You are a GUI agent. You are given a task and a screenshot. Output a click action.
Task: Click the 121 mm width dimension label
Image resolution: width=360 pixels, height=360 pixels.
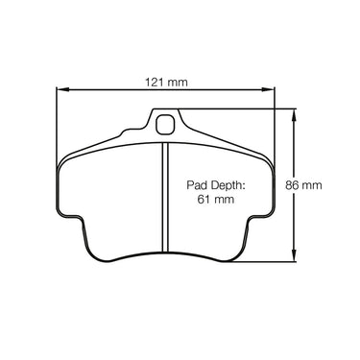(x=166, y=83)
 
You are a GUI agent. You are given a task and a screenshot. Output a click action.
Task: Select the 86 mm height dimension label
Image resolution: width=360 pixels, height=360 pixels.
(x=303, y=185)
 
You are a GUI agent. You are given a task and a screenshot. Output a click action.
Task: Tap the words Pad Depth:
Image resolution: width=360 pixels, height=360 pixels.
(x=216, y=185)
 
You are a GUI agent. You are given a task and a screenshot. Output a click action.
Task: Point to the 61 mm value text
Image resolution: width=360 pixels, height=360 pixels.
(x=216, y=200)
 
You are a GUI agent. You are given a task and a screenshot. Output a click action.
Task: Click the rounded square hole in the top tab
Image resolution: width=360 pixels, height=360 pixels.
(x=165, y=124)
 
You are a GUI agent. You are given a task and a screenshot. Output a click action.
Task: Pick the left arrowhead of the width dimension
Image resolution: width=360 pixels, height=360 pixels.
(x=62, y=89)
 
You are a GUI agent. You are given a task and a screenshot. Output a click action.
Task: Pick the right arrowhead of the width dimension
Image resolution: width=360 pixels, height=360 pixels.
(x=269, y=89)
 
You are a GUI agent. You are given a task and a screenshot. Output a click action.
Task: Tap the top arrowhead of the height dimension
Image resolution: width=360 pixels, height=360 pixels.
(x=294, y=115)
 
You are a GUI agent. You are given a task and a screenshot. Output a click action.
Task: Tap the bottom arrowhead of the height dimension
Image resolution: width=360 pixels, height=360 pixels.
(x=294, y=255)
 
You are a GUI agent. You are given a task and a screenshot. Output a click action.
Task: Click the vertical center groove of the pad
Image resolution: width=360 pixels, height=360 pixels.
(x=165, y=197)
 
